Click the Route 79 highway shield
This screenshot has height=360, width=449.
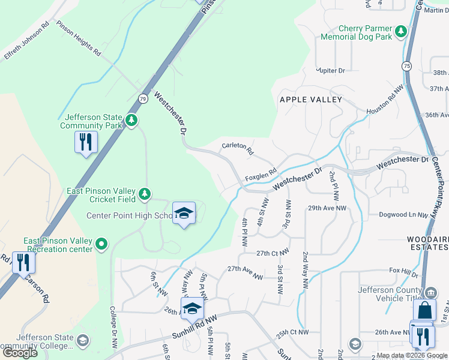point(142,98)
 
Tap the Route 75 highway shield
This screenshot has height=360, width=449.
point(407,65)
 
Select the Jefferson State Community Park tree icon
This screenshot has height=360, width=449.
point(131,121)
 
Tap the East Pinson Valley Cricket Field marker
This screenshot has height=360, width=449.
point(144,194)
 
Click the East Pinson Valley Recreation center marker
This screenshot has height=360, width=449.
point(101,244)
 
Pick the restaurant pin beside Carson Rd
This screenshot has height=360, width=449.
point(23,263)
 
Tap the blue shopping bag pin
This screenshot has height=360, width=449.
point(424,311)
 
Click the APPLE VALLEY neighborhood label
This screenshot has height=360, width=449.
point(310,100)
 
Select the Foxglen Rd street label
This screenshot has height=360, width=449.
point(260,175)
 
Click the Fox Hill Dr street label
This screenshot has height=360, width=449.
point(403,271)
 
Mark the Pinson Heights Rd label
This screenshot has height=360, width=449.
point(78,39)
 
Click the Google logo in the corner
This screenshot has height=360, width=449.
point(20,353)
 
